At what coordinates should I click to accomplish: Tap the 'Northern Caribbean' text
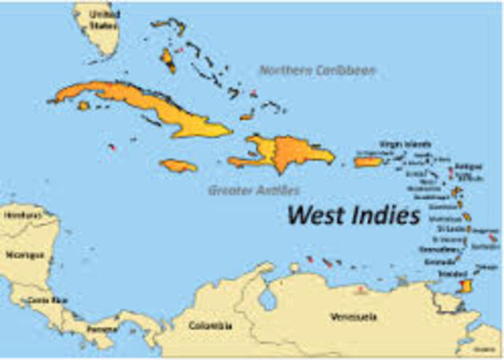[x=317, y=71]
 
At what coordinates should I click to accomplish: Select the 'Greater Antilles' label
[x=254, y=191]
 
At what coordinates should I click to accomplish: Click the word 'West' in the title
[x=318, y=213]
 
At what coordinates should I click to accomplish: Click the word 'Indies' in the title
[x=387, y=213]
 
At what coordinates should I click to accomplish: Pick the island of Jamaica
[x=178, y=166]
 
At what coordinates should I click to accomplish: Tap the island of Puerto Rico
[x=368, y=162]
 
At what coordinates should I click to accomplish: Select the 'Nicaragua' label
[x=21, y=255]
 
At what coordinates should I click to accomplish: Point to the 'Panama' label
[x=101, y=327]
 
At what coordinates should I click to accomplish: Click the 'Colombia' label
[x=210, y=325]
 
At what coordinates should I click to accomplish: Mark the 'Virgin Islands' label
[x=405, y=144]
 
